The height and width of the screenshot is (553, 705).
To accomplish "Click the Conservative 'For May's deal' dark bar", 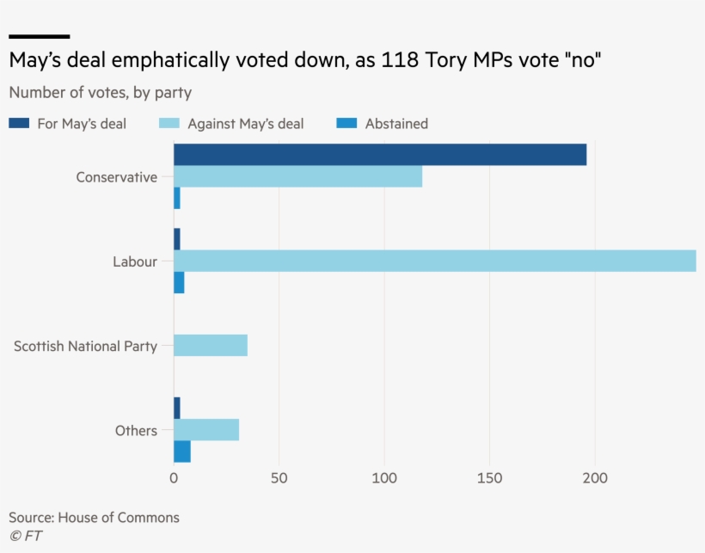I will (x=379, y=155).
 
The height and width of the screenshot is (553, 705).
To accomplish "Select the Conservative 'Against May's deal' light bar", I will (x=297, y=176).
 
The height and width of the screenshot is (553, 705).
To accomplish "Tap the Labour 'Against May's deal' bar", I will (x=434, y=261).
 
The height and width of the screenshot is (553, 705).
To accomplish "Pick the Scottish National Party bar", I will (x=211, y=346).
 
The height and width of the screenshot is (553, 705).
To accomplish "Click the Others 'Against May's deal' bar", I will (x=206, y=430).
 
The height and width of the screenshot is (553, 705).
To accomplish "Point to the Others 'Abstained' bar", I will (x=182, y=452).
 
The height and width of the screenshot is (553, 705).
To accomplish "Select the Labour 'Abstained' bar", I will (x=179, y=283).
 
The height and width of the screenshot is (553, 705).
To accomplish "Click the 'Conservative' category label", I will (x=117, y=177).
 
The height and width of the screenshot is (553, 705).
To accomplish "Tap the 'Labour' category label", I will (x=135, y=261).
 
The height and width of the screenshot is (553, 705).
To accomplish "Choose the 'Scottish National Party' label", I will (x=85, y=347).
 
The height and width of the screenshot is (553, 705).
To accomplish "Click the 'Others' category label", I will (x=136, y=431).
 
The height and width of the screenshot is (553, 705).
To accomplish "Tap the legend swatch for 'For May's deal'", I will (x=19, y=124).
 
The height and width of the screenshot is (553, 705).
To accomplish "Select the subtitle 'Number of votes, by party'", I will (x=100, y=92).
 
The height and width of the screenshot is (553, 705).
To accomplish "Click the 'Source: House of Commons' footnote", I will (x=94, y=517).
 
